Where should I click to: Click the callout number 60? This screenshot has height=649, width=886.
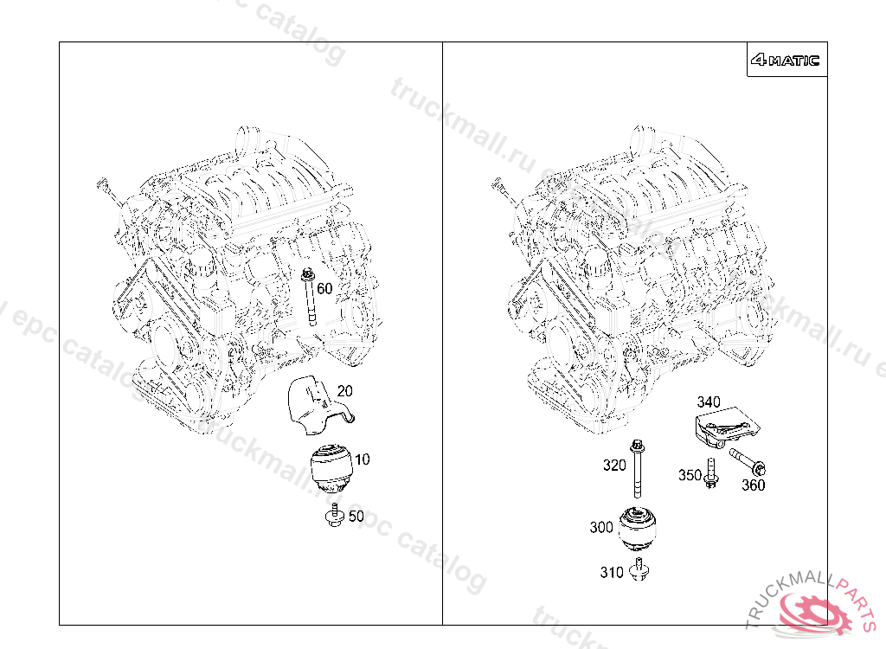(x=324, y=288)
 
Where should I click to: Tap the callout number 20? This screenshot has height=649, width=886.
(x=344, y=391)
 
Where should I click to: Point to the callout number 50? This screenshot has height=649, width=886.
(x=356, y=517)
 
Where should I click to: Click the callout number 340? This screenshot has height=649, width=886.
(x=709, y=402)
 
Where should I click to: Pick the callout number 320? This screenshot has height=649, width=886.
(x=614, y=466)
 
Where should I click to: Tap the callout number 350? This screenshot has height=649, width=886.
(x=690, y=475)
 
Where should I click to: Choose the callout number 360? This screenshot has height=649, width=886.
(x=753, y=485)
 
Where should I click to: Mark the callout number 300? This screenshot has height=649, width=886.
(x=601, y=527)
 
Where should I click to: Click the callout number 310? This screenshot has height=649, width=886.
(x=612, y=572)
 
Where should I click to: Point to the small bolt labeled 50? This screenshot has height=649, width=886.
(x=333, y=517)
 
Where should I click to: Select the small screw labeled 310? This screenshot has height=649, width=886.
(x=639, y=569)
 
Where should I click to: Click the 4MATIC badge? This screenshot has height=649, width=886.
(x=786, y=61)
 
